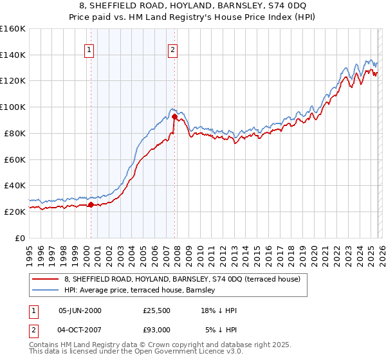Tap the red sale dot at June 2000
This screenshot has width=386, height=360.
(91, 205)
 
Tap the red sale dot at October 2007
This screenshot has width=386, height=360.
(174, 116)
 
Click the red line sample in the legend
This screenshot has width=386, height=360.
(46, 278)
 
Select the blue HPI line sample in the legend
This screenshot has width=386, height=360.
(46, 289)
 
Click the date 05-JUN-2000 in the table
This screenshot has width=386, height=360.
(80, 310)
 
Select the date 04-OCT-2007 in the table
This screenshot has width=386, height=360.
(80, 330)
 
